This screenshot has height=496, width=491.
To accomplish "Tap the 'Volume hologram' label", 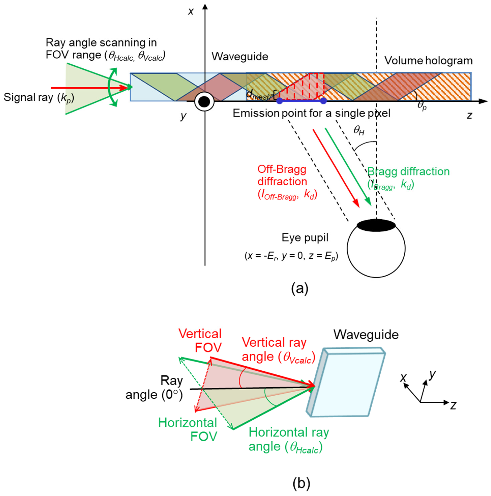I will click(428, 61).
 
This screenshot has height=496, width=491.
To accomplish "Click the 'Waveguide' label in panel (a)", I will click(240, 56).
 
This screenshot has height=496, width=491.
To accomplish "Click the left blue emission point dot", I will click(279, 101).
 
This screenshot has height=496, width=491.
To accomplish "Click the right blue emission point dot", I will click(323, 101).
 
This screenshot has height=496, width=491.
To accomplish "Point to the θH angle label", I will click(359, 131).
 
